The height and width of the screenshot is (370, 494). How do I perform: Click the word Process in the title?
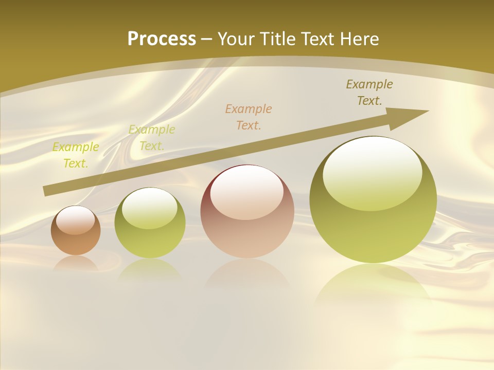click(162, 39)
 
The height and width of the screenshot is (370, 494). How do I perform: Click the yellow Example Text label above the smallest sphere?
click(76, 155)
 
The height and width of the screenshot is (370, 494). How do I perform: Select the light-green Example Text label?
click(152, 138)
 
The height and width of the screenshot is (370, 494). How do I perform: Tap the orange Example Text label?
click(249, 117)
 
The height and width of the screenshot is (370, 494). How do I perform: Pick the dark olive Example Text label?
click(369, 92)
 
